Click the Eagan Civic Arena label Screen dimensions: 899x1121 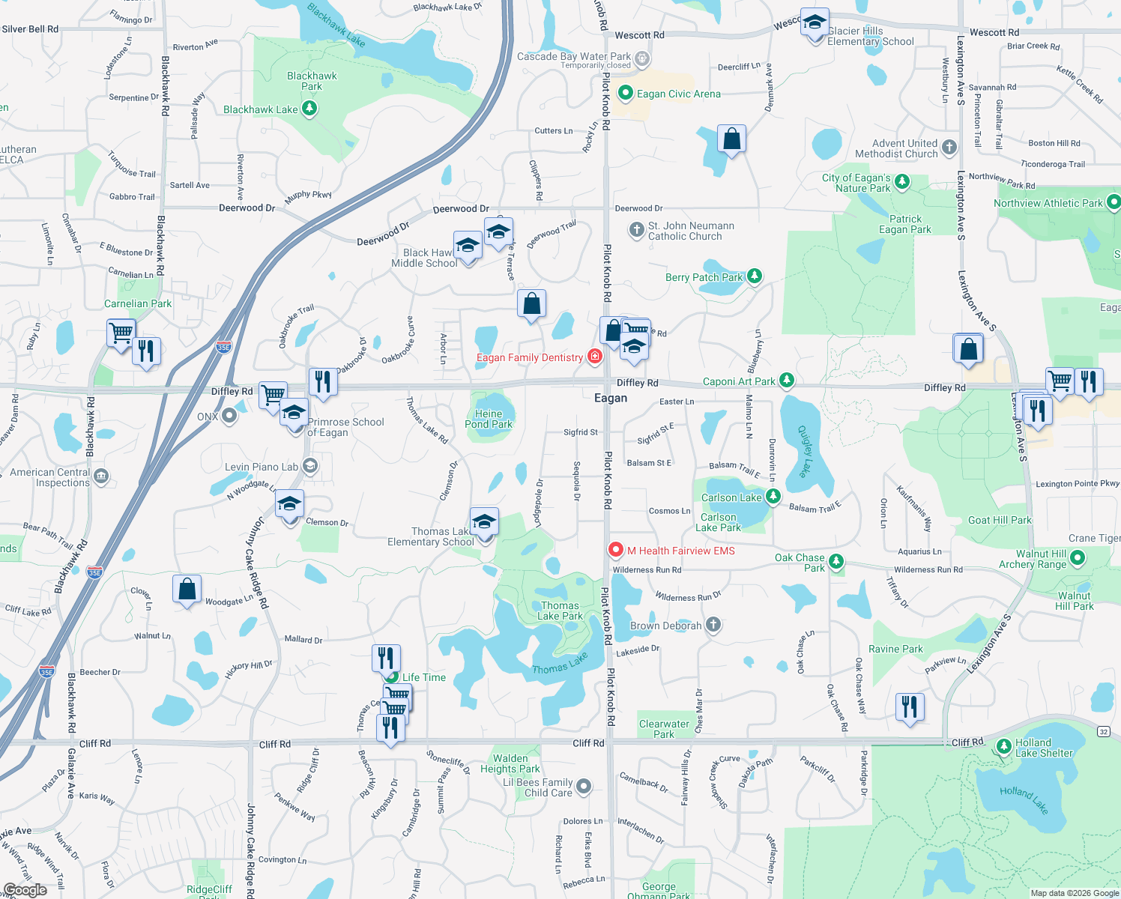click(x=678, y=94)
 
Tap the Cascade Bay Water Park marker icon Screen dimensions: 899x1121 click(x=641, y=58)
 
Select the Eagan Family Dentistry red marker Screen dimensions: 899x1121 click(x=594, y=356)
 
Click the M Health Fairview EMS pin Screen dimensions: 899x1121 click(x=615, y=550)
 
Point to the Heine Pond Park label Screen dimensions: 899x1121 click(x=489, y=419)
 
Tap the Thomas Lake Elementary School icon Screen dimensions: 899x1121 click(x=484, y=521)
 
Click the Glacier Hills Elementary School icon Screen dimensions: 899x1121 click(x=814, y=22)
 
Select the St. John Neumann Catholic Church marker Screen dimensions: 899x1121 click(x=636, y=230)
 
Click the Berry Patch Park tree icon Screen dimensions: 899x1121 click(x=755, y=276)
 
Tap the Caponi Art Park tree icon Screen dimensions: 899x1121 click(x=786, y=381)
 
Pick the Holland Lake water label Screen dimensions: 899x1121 click(x=1024, y=800)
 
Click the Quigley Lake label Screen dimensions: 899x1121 click(x=805, y=451)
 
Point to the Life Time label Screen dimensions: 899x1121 click(x=423, y=677)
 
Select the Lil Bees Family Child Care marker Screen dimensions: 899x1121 click(x=584, y=787)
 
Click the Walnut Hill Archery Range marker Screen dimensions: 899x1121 click(x=1077, y=558)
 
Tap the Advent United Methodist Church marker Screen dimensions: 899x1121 click(x=949, y=147)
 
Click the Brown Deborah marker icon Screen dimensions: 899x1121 click(x=713, y=625)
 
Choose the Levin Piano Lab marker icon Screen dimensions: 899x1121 click(x=310, y=466)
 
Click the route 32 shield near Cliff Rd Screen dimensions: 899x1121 click(x=1103, y=731)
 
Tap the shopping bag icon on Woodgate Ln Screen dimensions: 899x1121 click(x=187, y=589)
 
